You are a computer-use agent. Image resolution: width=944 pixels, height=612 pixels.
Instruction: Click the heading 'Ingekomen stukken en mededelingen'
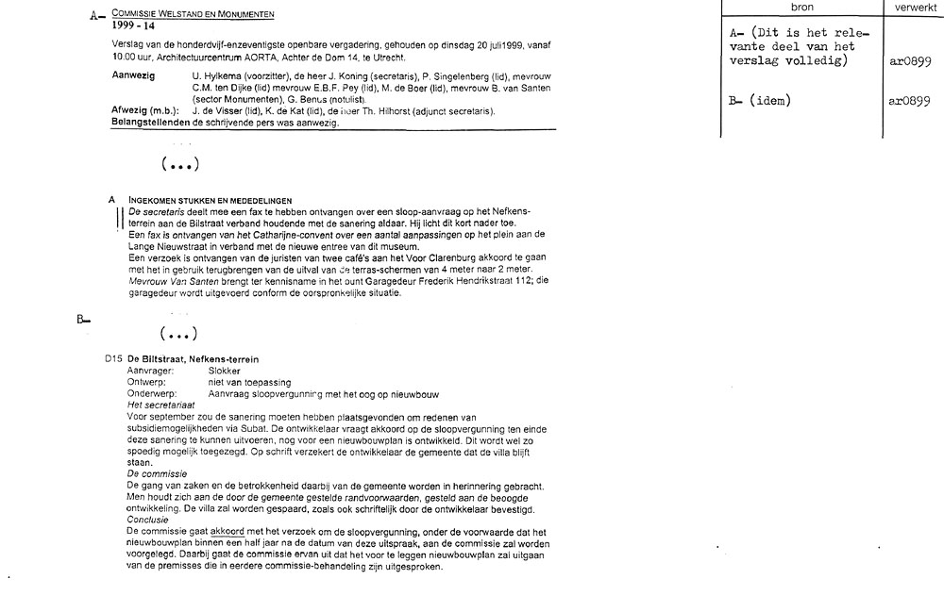click(x=210, y=200)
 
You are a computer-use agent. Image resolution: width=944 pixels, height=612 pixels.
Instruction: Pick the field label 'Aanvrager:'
click(x=151, y=372)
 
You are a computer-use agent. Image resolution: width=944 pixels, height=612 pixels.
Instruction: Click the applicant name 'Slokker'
click(x=225, y=372)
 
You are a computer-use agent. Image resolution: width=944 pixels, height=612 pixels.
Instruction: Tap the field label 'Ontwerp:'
click(x=146, y=382)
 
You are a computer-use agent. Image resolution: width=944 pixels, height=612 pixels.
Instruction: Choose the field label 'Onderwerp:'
click(x=151, y=393)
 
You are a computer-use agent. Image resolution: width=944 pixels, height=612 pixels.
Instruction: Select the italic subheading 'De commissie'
click(x=155, y=471)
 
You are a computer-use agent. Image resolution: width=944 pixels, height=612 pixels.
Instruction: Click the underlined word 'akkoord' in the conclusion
click(x=227, y=531)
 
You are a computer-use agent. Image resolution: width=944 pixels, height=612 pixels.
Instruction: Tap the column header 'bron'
click(x=801, y=7)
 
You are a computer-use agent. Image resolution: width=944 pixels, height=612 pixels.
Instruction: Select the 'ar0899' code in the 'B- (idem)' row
click(x=910, y=101)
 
